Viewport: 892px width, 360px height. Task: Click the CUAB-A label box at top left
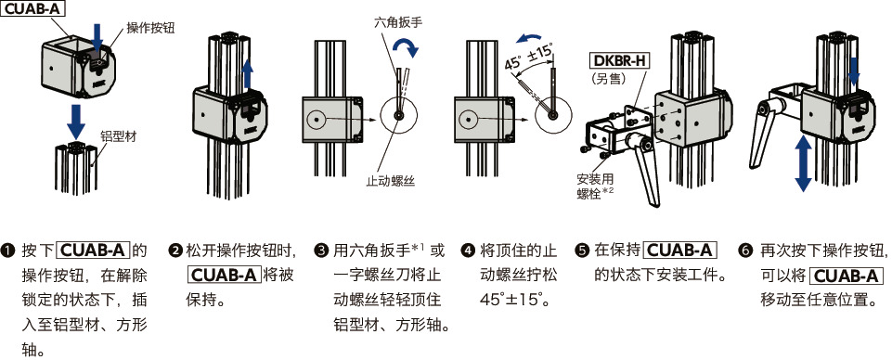pos(34,9)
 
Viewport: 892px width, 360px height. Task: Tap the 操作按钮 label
pos(148,26)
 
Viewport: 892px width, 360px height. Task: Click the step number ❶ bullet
pos(8,251)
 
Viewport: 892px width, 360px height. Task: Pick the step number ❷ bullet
pos(175,251)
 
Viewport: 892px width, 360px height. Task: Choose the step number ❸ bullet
pos(321,251)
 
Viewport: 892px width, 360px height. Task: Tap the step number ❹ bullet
pos(468,251)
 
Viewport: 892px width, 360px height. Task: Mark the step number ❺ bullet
pos(582,251)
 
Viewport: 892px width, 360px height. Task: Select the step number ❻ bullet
pos(744,251)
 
